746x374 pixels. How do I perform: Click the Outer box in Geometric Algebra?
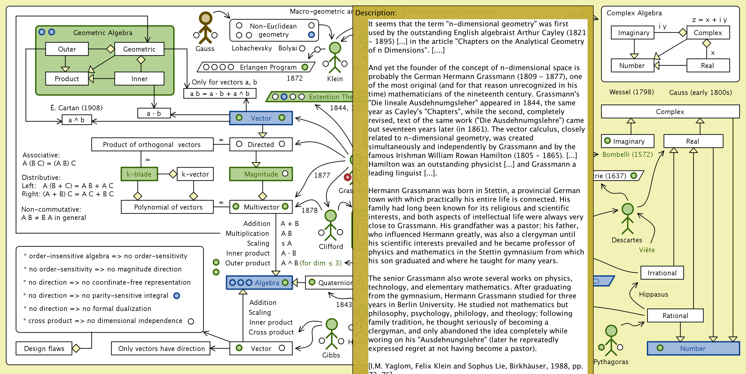pyautogui.click(x=67, y=49)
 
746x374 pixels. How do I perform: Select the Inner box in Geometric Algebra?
pyautogui.click(x=139, y=78)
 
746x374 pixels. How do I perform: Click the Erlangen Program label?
pyautogui.click(x=268, y=67)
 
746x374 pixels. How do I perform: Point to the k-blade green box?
pyautogui.click(x=139, y=174)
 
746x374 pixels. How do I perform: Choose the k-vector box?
pyautogui.click(x=195, y=174)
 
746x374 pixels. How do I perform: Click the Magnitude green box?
pyautogui.click(x=261, y=174)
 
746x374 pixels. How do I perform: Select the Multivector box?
pyautogui.click(x=261, y=207)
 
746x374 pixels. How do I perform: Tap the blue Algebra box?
pyautogui.click(x=259, y=282)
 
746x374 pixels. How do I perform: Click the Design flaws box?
pyautogui.click(x=44, y=348)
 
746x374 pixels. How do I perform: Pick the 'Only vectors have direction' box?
pyautogui.click(x=161, y=348)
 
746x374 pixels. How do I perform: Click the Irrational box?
pyautogui.click(x=662, y=273)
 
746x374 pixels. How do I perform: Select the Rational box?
pyautogui.click(x=675, y=316)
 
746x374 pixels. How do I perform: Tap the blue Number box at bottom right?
pyautogui.click(x=693, y=348)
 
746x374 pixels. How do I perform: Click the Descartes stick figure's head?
pyautogui.click(x=628, y=209)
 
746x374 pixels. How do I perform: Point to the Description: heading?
pyautogui.click(x=376, y=13)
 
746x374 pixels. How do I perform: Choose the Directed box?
pyautogui.click(x=261, y=144)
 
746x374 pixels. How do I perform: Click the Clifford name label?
pyautogui.click(x=331, y=246)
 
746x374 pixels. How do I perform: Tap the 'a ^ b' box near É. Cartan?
pyautogui.click(x=76, y=120)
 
